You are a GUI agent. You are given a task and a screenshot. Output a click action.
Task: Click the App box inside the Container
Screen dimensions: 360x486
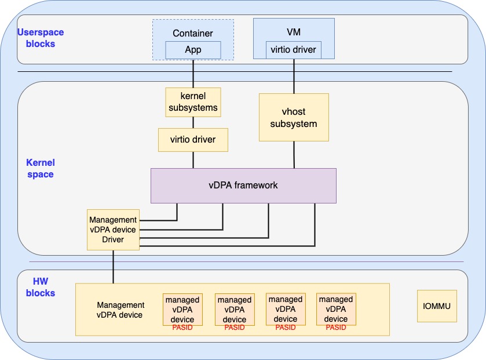pyautogui.click(x=193, y=50)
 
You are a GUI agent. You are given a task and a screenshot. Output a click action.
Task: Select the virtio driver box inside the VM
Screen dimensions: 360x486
pyautogui.click(x=294, y=50)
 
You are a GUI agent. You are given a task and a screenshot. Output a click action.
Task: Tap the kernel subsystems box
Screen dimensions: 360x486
pyautogui.click(x=193, y=102)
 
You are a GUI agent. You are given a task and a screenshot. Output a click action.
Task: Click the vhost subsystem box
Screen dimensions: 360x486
pyautogui.click(x=294, y=117)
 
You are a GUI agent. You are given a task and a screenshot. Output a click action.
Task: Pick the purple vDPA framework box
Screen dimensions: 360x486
pyautogui.click(x=243, y=186)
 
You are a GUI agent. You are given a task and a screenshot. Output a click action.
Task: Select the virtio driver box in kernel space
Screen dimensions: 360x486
pyautogui.click(x=193, y=140)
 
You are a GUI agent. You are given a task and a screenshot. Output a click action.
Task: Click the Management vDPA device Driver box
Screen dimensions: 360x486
pyautogui.click(x=113, y=230)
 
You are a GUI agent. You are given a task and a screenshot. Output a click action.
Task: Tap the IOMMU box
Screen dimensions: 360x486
pyautogui.click(x=437, y=306)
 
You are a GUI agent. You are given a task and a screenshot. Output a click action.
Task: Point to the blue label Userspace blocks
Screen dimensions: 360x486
pyautogui.click(x=40, y=38)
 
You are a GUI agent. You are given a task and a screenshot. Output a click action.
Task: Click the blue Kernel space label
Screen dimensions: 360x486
pyautogui.click(x=41, y=168)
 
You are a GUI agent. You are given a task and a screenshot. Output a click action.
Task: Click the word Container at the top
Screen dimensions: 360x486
pyautogui.click(x=193, y=34)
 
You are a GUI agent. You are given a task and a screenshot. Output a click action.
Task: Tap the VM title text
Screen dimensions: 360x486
pyautogui.click(x=294, y=31)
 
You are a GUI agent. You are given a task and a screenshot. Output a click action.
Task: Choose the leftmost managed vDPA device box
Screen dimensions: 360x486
pyautogui.click(x=182, y=309)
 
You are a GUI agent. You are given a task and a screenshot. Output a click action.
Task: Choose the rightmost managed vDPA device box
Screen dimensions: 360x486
pyautogui.click(x=336, y=309)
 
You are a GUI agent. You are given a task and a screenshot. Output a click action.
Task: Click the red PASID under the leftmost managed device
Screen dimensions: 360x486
pyautogui.click(x=182, y=328)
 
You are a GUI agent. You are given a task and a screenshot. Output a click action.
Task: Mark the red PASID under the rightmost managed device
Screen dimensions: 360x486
pyautogui.click(x=336, y=328)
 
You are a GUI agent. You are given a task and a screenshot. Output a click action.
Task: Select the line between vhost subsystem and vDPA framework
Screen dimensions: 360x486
pyautogui.click(x=294, y=155)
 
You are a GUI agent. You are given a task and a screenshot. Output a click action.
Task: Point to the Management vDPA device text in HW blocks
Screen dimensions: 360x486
pyautogui.click(x=120, y=310)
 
